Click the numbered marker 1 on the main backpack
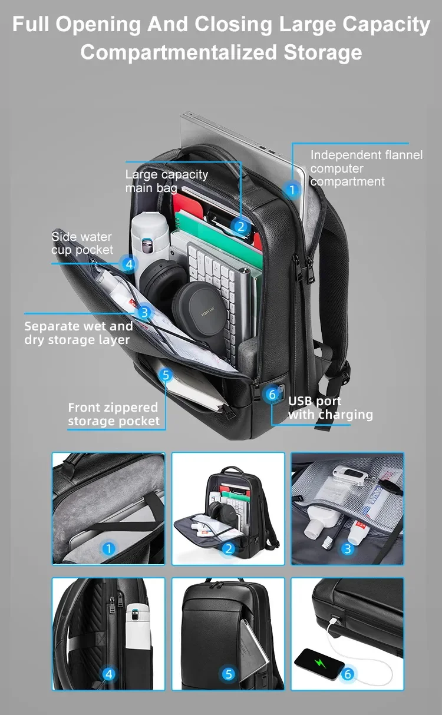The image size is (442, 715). [292, 190]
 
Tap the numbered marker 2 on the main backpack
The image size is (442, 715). [240, 226]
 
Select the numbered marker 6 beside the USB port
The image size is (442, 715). [272, 394]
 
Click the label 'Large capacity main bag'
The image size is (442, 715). [166, 181]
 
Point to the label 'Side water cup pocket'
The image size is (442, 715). [82, 243]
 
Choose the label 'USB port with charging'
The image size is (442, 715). [330, 408]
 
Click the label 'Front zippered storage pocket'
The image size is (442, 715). [113, 414]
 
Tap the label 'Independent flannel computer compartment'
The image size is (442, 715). [366, 168]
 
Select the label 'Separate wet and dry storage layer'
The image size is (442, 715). [78, 333]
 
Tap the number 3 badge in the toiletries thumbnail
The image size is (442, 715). [348, 549]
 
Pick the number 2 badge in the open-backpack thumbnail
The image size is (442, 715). [229, 549]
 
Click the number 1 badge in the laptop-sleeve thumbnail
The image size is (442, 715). [108, 549]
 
